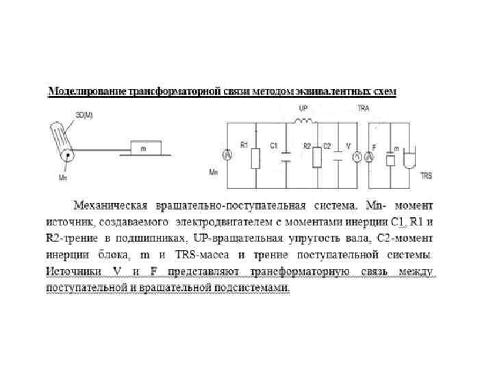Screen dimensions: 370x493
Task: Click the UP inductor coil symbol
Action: pyautogui.click(x=303, y=122)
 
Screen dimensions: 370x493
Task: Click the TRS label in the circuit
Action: pyautogui.click(x=425, y=175)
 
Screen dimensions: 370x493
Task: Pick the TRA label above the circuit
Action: pyautogui.click(x=364, y=109)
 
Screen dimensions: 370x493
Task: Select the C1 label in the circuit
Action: pyautogui.click(x=274, y=145)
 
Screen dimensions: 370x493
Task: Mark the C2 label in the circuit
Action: pyautogui.click(x=327, y=145)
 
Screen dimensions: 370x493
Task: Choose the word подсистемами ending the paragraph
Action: pyautogui.click(x=251, y=288)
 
